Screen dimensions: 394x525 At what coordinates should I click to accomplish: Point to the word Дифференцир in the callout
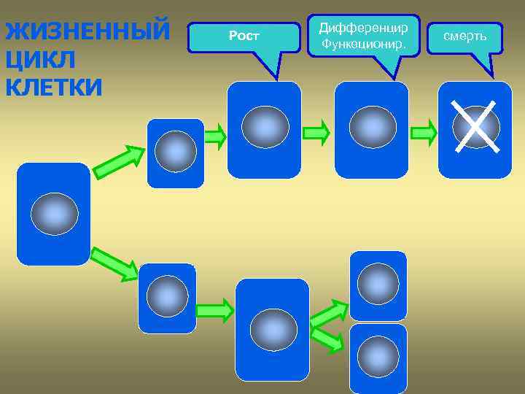point(363,28)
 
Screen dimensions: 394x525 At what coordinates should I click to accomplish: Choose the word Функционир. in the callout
point(363,46)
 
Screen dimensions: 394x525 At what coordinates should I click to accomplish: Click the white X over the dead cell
point(475,127)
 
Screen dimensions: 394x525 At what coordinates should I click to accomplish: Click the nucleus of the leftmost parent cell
point(54,214)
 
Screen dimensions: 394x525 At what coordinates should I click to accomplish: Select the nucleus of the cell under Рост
point(265,127)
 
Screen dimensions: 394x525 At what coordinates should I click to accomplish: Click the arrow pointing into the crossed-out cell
point(424,133)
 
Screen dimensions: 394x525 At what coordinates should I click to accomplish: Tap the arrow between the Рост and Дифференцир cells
point(316,133)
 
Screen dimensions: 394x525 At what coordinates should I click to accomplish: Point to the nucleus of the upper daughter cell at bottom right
point(378,284)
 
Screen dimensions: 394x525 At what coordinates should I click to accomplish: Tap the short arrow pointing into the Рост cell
point(214,136)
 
